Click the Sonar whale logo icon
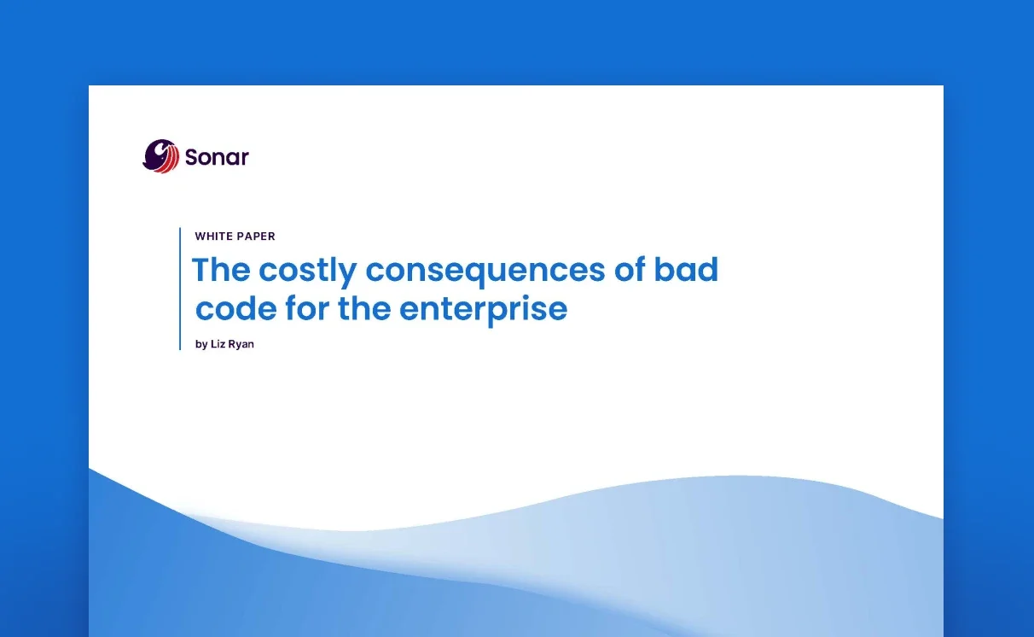160,156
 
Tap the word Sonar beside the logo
217,157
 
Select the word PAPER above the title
255,236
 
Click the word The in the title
221,269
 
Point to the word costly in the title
307,272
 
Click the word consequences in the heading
485,272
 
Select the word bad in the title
686,269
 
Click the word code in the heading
235,308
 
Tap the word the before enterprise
364,308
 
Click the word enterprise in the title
484,311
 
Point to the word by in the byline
201,345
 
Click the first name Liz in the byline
217,344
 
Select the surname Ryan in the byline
240,345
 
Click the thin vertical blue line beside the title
180,289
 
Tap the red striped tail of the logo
169,160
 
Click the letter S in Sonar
192,157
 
